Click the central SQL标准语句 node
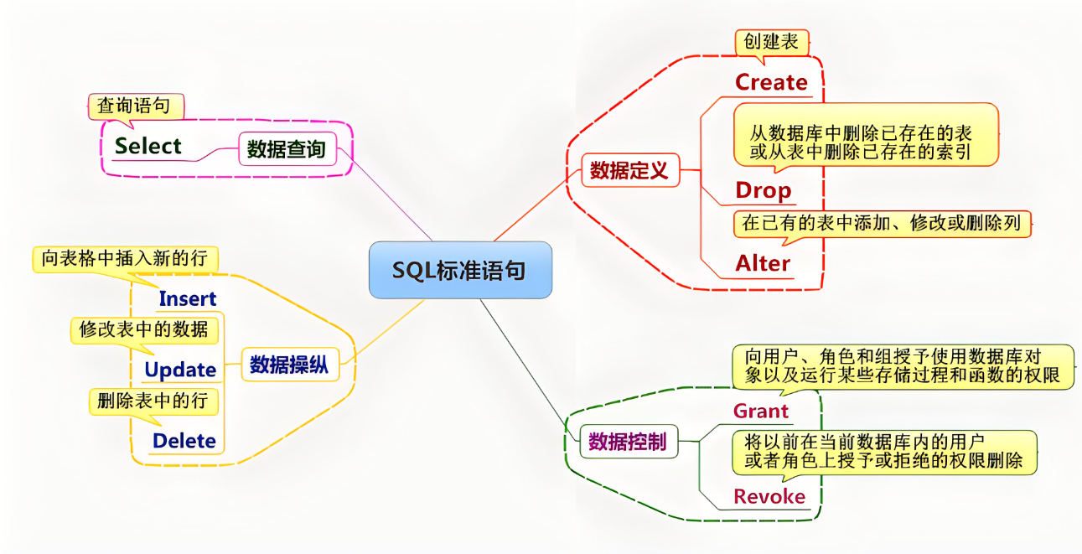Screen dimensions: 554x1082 pos(460,270)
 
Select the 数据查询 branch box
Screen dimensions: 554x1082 pos(286,150)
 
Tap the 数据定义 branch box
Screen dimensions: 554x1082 pos(629,171)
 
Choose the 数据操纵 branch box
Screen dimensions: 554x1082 pos(289,365)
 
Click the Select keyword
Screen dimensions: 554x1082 pos(148,146)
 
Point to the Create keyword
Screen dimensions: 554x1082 pos(771,82)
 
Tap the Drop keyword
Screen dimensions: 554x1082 pos(764,190)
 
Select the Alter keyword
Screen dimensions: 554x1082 pos(763,263)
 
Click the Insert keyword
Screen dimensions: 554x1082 pos(188,298)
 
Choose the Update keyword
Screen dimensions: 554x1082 pos(180,370)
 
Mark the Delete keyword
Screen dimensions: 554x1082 pos(184,441)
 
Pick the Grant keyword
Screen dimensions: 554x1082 pos(761,411)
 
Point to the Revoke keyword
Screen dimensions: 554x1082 pos(769,496)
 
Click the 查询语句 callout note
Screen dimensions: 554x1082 pos(134,106)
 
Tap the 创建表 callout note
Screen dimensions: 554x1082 pos(771,41)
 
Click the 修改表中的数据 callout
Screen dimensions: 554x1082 pos(143,329)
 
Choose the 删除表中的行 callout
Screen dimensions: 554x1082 pos(153,401)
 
